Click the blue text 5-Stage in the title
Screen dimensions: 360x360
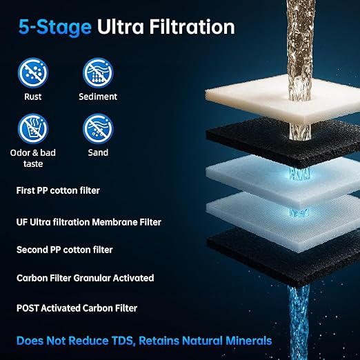[x=55, y=27]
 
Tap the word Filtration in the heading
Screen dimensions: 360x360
[x=192, y=27]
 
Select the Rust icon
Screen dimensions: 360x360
[x=33, y=72]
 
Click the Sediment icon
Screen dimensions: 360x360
[x=98, y=72]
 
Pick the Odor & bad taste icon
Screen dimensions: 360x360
[x=33, y=128]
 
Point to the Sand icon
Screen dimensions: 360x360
[x=98, y=128]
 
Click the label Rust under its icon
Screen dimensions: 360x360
[x=33, y=97]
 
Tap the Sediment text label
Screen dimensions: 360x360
[x=98, y=97]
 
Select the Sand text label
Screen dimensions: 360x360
[x=98, y=152]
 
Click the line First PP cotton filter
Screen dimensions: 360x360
[x=58, y=190]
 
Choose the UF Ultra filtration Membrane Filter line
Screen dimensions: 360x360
[x=89, y=222]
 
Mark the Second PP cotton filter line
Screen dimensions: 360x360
[x=65, y=250]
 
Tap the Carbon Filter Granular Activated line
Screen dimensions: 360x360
[x=86, y=278]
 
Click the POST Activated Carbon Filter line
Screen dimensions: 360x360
[x=77, y=308]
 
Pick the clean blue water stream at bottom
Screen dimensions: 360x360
[x=299, y=322]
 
